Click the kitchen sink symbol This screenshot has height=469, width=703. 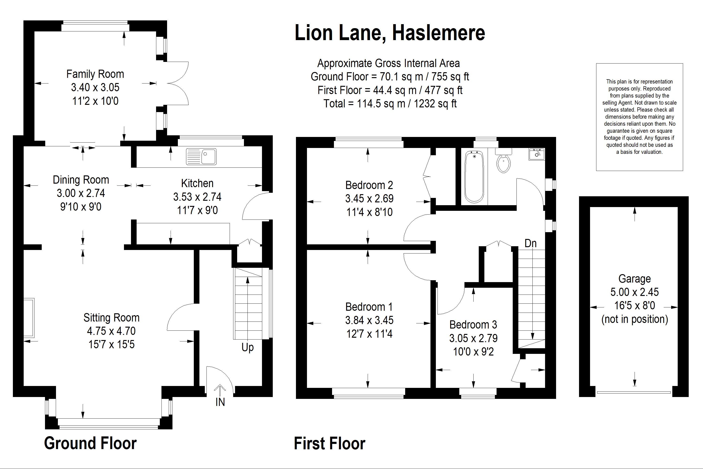[x=201, y=156]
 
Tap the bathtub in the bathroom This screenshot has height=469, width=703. [x=474, y=177]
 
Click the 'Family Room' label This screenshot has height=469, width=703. [x=95, y=74]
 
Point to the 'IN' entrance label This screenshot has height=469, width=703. [x=220, y=402]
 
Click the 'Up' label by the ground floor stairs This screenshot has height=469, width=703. [x=247, y=348]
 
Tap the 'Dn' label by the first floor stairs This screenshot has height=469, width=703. [x=531, y=243]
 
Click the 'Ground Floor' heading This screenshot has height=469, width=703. [x=90, y=443]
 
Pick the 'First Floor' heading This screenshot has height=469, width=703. [x=329, y=443]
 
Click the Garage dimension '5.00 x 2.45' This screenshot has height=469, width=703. [x=634, y=292]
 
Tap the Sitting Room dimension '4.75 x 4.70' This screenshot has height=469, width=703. [x=111, y=331]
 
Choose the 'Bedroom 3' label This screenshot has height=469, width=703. [x=473, y=325]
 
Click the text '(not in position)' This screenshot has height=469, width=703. [x=635, y=319]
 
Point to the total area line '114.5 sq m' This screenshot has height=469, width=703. [x=390, y=103]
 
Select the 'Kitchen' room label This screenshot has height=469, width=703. [x=197, y=183]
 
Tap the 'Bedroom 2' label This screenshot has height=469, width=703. [x=369, y=185]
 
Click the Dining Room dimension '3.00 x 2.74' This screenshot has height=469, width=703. [x=81, y=193]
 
